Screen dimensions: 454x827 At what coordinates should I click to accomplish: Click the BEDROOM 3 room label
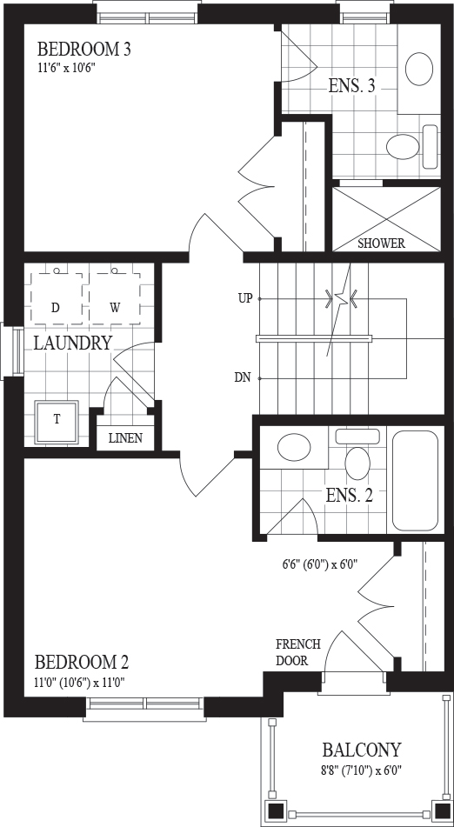coord(84,50)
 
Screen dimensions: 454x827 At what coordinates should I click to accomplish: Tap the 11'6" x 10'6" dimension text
coord(66,68)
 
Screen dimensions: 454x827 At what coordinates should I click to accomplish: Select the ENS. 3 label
coord(351,86)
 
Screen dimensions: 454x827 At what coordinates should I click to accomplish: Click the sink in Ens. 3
coord(419,68)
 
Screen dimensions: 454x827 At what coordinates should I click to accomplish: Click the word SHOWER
coord(381,243)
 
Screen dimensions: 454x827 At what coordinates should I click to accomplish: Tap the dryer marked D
coord(56,298)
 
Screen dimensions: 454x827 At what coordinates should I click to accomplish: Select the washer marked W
coord(115,298)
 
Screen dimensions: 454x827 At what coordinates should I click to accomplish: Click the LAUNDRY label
coord(73,343)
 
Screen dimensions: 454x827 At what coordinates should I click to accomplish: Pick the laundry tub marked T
coord(57,422)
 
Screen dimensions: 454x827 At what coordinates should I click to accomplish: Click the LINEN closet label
coord(125,438)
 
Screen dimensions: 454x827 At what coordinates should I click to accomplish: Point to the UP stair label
coord(246,299)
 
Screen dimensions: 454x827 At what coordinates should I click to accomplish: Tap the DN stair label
coord(243,378)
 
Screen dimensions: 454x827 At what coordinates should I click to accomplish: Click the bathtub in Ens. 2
coord(416,481)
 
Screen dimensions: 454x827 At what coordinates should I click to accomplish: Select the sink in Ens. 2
coord(294,448)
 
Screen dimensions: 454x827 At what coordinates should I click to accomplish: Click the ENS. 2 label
coord(349,496)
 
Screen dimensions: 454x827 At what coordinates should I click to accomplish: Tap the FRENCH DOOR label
coord(298,652)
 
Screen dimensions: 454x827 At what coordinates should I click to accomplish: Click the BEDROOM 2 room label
coord(82,662)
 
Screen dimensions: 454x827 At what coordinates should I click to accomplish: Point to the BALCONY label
coord(362,750)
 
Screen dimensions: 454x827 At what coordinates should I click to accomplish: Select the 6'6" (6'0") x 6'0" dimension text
coord(320,564)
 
